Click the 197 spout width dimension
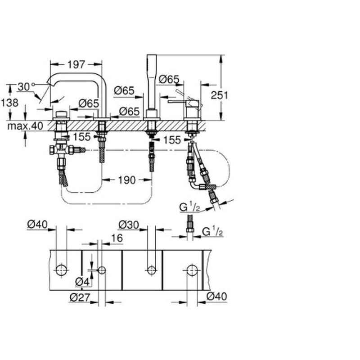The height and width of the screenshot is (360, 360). pos(76,64)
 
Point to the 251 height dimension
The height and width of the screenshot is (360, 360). pos(220,95)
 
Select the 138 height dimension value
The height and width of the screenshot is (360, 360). pos(9,103)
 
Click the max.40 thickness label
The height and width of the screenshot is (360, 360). pos(25,126)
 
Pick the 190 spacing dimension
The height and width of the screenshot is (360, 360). pos(127,180)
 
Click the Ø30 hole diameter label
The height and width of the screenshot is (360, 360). pos(129,225)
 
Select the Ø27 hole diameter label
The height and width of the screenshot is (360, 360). pos(80,297)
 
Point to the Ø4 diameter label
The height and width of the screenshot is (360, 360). pos(82,282)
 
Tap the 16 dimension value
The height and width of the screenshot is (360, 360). pos(117,238)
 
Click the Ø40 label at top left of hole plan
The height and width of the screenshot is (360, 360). pos(37,224)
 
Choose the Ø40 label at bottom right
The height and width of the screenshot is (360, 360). pos(216,296)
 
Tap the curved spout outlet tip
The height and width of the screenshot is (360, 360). pos(49,84)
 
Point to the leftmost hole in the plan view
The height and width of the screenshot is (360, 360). pos(62,270)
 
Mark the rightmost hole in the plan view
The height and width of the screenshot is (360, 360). pos(192,270)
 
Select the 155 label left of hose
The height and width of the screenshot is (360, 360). pos(82,137)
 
